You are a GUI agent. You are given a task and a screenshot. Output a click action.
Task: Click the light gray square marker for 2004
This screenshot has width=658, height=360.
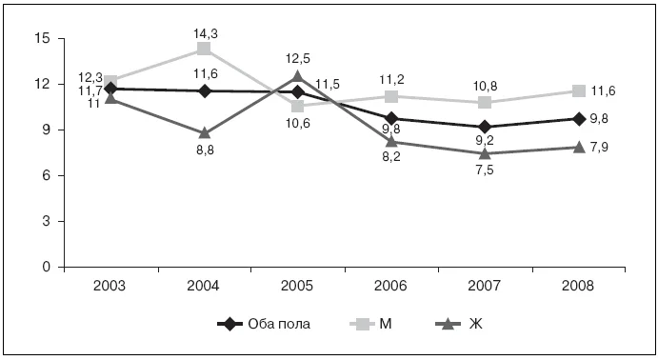(204, 49)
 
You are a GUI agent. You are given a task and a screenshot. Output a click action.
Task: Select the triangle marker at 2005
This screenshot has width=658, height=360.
(297, 76)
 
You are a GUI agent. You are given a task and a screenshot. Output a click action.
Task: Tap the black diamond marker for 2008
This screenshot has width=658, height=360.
(579, 119)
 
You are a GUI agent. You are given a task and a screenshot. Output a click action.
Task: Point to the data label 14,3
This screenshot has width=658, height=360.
(206, 33)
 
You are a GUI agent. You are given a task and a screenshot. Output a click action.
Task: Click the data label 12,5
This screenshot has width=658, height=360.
(297, 58)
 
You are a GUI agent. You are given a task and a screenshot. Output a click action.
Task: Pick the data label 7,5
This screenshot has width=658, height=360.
(485, 170)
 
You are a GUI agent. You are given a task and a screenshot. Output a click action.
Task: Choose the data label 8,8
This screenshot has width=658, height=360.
(205, 150)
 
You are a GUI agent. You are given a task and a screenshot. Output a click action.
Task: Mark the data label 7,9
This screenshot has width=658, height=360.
(599, 148)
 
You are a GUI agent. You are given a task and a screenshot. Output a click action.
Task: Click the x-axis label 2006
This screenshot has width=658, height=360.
(390, 286)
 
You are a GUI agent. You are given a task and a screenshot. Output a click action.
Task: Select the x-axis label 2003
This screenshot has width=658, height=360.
(110, 286)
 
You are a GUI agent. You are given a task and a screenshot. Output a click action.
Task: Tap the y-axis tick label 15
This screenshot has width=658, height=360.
(42, 39)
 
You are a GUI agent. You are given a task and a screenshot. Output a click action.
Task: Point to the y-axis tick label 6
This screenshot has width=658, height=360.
(46, 175)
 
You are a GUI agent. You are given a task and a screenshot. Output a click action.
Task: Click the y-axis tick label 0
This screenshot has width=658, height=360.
(46, 267)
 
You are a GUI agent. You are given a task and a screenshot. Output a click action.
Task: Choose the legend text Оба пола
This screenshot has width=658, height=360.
(279, 325)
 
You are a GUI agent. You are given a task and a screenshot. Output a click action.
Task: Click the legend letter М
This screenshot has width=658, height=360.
(386, 325)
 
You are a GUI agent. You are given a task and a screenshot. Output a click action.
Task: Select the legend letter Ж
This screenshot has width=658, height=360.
(475, 325)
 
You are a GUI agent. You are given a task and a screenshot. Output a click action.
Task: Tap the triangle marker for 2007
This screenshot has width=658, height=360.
(485, 153)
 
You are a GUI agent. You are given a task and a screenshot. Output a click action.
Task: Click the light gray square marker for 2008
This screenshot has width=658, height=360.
(579, 90)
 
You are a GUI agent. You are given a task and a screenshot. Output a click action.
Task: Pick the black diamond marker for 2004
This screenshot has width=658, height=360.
(205, 91)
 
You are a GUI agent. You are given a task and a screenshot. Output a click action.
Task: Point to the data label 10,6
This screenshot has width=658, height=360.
(297, 124)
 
